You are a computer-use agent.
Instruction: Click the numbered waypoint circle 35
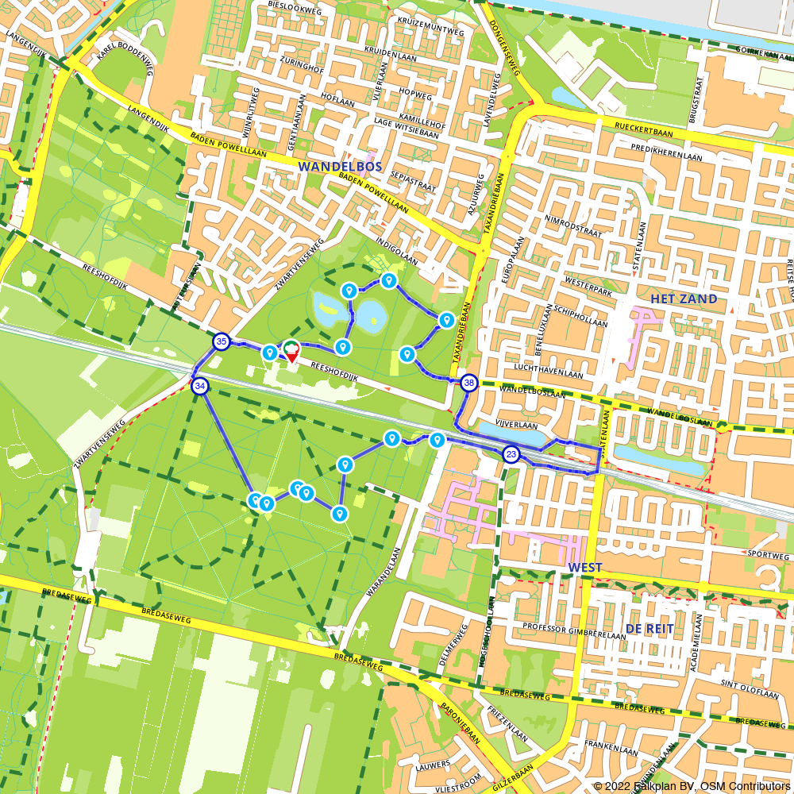coord(222,342)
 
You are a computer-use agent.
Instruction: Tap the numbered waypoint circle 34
coord(200,386)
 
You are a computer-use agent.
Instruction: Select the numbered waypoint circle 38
coord(469,382)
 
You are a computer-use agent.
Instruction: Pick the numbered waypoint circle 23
coord(511,455)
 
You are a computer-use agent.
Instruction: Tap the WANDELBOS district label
coord(340,167)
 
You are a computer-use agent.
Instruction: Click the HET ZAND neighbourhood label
coord(684,299)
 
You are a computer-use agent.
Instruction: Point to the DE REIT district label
coord(649,628)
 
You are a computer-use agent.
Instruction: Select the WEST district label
coord(584,569)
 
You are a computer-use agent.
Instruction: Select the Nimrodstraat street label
coord(575,228)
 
